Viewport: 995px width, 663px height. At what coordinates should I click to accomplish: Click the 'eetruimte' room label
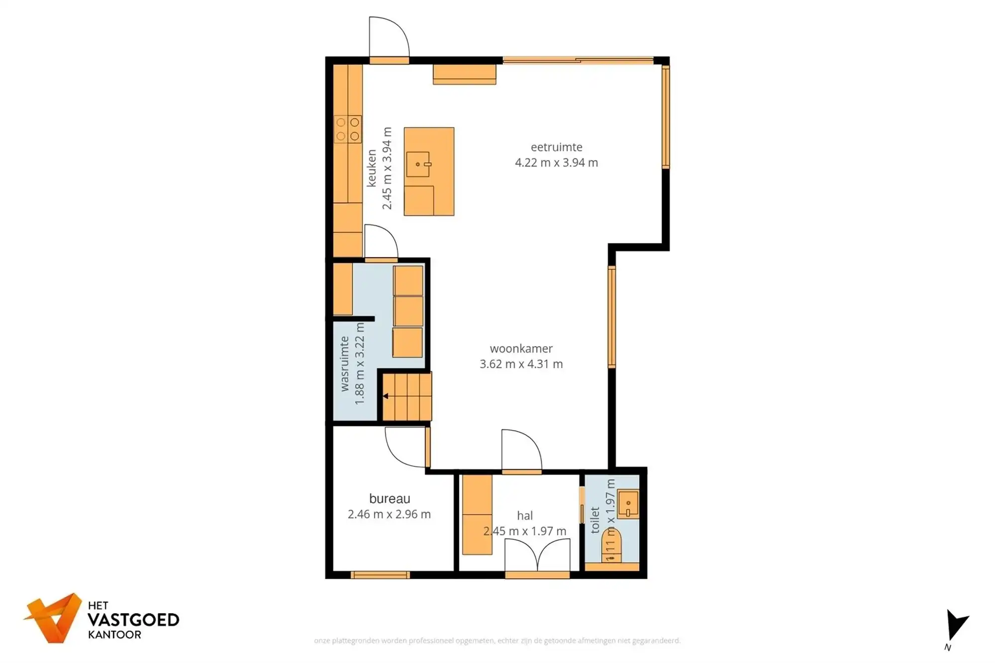556,147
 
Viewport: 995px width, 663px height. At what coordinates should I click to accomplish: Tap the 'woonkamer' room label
521,349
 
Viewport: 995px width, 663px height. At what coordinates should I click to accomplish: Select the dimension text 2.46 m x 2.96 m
389,514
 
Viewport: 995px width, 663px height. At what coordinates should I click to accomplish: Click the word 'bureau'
390,498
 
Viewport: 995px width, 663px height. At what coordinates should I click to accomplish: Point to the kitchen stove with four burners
347,129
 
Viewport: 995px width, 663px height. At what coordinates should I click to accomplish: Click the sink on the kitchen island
418,165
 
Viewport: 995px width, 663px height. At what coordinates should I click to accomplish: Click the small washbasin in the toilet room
628,504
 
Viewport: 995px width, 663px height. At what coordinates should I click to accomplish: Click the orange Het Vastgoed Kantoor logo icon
54,618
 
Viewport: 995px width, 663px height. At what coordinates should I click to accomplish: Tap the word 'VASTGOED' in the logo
133,620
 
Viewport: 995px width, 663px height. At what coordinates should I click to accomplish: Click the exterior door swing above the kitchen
389,38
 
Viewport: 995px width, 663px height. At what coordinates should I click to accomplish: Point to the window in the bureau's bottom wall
380,575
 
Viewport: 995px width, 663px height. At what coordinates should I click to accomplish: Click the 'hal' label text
525,516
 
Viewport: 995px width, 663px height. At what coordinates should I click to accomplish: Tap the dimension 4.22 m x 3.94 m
556,163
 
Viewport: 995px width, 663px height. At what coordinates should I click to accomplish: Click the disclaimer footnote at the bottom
497,641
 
